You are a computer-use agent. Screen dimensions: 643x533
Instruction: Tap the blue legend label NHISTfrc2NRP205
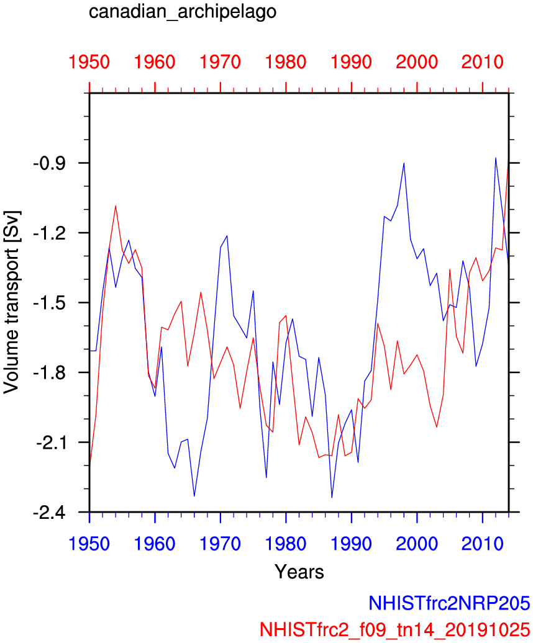click(449, 603)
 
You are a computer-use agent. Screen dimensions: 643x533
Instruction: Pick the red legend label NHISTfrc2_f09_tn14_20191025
click(396, 627)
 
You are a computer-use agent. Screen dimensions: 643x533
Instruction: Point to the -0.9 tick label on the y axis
click(55, 163)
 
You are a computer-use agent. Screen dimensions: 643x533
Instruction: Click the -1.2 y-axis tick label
click(55, 233)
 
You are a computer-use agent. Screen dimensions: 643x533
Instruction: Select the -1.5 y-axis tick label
click(55, 303)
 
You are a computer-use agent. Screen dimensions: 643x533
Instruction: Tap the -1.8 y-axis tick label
click(55, 373)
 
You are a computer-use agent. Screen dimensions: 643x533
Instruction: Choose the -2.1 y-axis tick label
click(55, 443)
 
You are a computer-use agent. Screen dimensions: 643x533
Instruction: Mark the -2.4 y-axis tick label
click(55, 513)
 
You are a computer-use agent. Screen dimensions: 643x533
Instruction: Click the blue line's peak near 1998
click(404, 163)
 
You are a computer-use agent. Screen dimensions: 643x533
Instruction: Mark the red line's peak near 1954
click(116, 205)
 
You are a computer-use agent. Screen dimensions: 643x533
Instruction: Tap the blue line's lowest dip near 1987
click(332, 498)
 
